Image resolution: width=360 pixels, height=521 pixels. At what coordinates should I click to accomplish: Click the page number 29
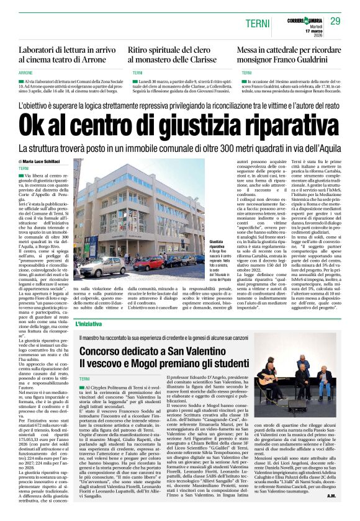[x=335, y=22]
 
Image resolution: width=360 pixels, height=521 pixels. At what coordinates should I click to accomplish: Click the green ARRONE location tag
[x=26, y=73]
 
